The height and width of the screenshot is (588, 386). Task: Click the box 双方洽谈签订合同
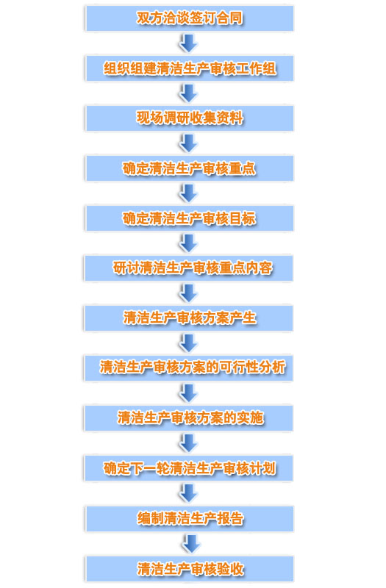(x=190, y=18)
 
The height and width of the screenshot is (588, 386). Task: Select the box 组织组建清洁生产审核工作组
(x=190, y=68)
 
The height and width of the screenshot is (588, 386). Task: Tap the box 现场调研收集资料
(x=190, y=118)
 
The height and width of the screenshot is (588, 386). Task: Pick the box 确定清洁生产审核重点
(x=190, y=168)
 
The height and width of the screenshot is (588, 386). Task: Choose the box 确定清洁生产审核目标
(x=190, y=218)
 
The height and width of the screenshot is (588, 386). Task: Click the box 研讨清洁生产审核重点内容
(x=189, y=268)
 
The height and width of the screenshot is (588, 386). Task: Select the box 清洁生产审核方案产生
(x=189, y=318)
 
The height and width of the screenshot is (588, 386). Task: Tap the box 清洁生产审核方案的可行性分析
(x=189, y=368)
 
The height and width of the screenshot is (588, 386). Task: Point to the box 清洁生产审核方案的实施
(x=189, y=418)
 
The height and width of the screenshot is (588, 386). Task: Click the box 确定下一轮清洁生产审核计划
(x=189, y=468)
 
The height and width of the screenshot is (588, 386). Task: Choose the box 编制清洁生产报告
(x=190, y=519)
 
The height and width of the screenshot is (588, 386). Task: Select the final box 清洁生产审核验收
(x=190, y=569)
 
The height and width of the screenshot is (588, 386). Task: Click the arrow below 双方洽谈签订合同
(x=188, y=43)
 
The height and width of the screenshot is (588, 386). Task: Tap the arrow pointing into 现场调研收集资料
(x=188, y=93)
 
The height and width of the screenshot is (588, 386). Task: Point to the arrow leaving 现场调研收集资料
(x=188, y=143)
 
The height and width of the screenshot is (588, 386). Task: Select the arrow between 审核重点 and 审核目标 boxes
(x=188, y=193)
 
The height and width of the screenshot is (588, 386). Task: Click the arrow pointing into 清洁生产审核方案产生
(x=188, y=293)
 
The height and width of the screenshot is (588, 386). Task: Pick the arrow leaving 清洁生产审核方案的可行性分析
(x=188, y=393)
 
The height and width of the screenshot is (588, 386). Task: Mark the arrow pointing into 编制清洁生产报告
(x=188, y=493)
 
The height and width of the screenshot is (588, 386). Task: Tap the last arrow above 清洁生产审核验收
(x=190, y=544)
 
